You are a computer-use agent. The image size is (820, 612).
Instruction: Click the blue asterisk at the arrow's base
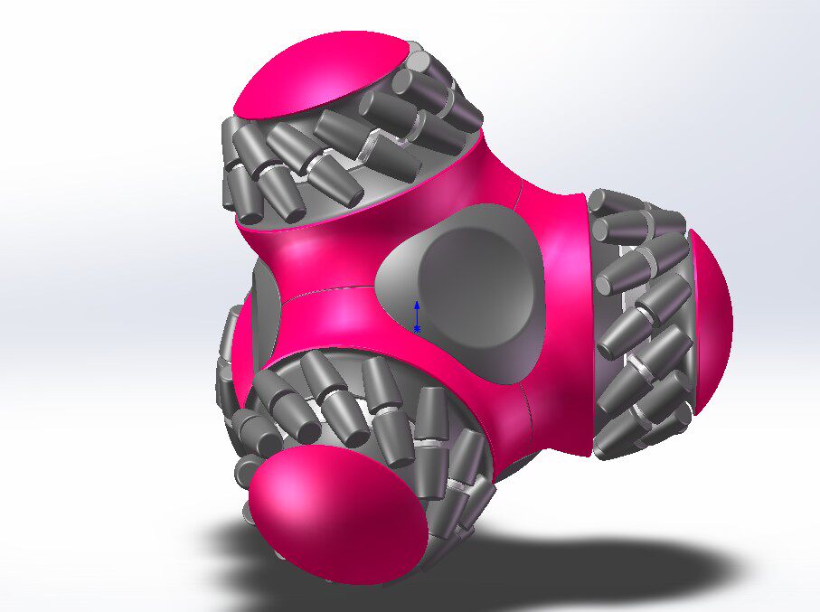[417, 328]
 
